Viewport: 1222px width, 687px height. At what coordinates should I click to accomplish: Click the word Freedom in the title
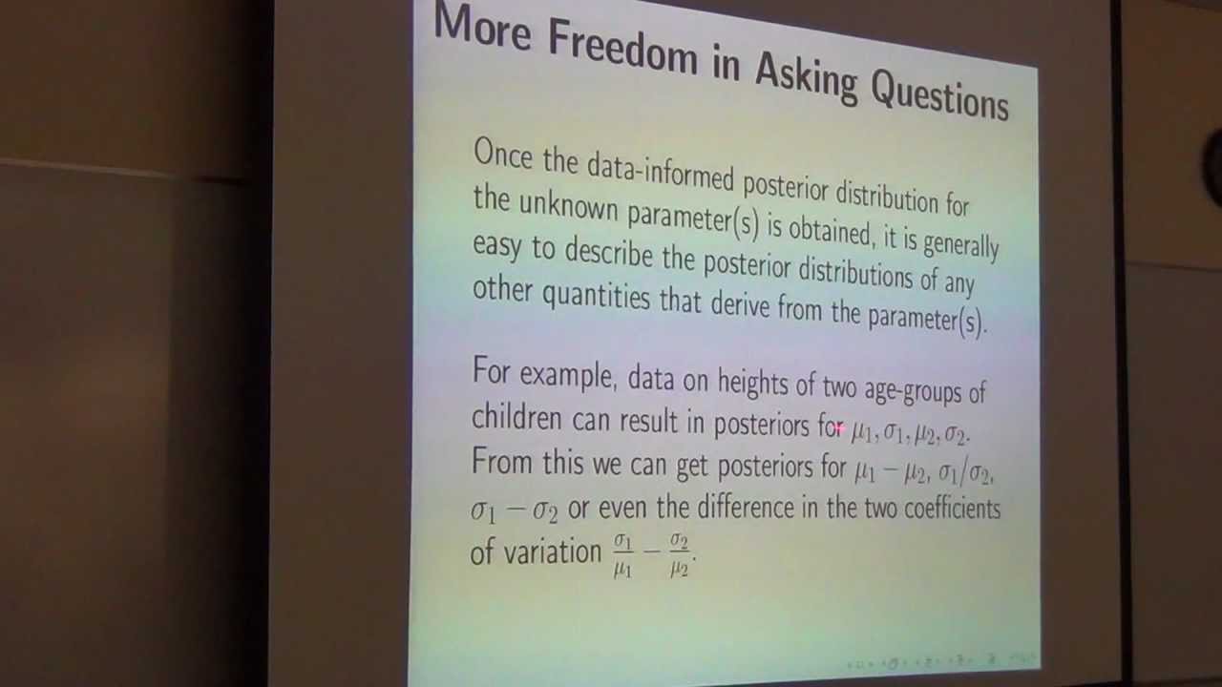622,48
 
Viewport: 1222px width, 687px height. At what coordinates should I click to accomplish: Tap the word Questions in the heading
939,94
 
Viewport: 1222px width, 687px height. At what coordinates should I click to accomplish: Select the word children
518,418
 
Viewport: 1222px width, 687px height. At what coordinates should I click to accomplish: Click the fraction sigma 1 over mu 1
622,554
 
